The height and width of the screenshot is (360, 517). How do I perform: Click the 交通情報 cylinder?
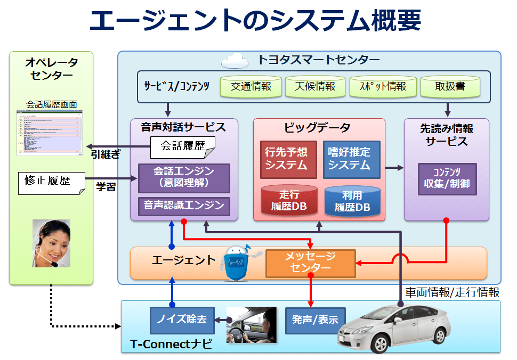tap(251, 87)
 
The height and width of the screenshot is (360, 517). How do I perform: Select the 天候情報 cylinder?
tap(316, 87)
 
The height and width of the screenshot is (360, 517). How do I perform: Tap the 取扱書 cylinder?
tap(450, 87)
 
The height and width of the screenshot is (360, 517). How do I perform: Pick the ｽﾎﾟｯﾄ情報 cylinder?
tap(382, 87)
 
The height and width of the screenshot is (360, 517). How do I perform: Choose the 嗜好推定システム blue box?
tap(351, 159)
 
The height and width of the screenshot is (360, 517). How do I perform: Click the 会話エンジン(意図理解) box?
tap(184, 178)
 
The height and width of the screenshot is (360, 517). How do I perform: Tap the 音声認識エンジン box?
tap(184, 206)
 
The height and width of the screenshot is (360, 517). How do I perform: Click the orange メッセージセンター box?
tap(311, 263)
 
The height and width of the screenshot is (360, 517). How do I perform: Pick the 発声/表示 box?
tap(315, 320)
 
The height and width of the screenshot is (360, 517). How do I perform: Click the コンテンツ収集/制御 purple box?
tap(447, 179)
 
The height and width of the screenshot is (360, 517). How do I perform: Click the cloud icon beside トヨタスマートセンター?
tap(235, 60)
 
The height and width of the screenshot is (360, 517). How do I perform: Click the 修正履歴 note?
tap(51, 183)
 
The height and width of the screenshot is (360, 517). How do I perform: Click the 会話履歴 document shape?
tap(182, 147)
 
